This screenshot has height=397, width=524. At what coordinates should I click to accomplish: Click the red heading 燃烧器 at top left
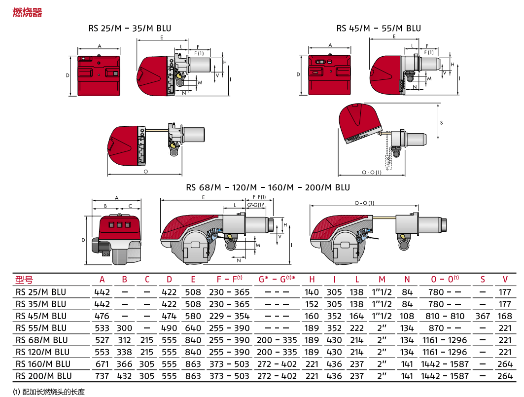click(28, 12)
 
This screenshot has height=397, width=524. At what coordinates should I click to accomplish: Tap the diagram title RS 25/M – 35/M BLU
click(130, 29)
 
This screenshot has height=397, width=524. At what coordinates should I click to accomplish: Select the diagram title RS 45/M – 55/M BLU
click(379, 29)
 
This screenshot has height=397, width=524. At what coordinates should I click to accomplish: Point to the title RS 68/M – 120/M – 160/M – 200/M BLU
click(268, 187)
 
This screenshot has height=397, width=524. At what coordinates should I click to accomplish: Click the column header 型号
click(24, 280)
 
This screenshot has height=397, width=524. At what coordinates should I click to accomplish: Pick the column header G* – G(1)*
click(277, 279)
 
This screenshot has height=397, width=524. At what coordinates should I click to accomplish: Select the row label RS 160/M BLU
click(43, 364)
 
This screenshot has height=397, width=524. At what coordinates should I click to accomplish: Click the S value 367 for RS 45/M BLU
click(483, 316)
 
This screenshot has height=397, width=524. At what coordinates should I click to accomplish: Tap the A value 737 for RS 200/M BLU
click(102, 376)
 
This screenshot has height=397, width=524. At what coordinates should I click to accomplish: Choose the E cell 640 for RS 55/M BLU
click(193, 328)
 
